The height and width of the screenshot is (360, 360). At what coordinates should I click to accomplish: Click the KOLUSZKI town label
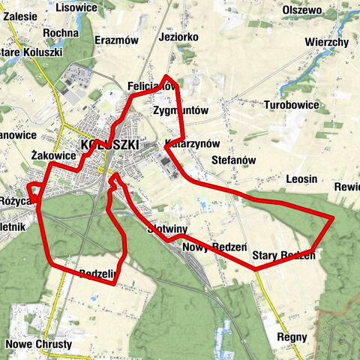point(109,143)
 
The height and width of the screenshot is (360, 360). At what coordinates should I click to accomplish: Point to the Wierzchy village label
point(327,42)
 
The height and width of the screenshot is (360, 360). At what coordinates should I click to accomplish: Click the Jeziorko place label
point(178,36)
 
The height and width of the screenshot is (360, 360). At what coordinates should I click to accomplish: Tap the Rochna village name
point(61,34)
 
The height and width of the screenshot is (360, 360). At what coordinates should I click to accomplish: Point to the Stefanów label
point(235,160)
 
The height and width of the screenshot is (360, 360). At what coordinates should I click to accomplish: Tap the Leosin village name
point(301,179)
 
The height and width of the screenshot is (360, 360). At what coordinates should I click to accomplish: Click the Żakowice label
point(55,155)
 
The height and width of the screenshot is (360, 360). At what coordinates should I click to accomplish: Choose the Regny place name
point(292,338)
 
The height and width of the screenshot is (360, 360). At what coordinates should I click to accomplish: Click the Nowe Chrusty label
point(38,344)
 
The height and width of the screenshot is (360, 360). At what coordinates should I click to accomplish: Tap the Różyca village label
point(15,201)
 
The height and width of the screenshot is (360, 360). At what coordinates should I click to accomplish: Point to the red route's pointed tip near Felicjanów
point(168,76)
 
